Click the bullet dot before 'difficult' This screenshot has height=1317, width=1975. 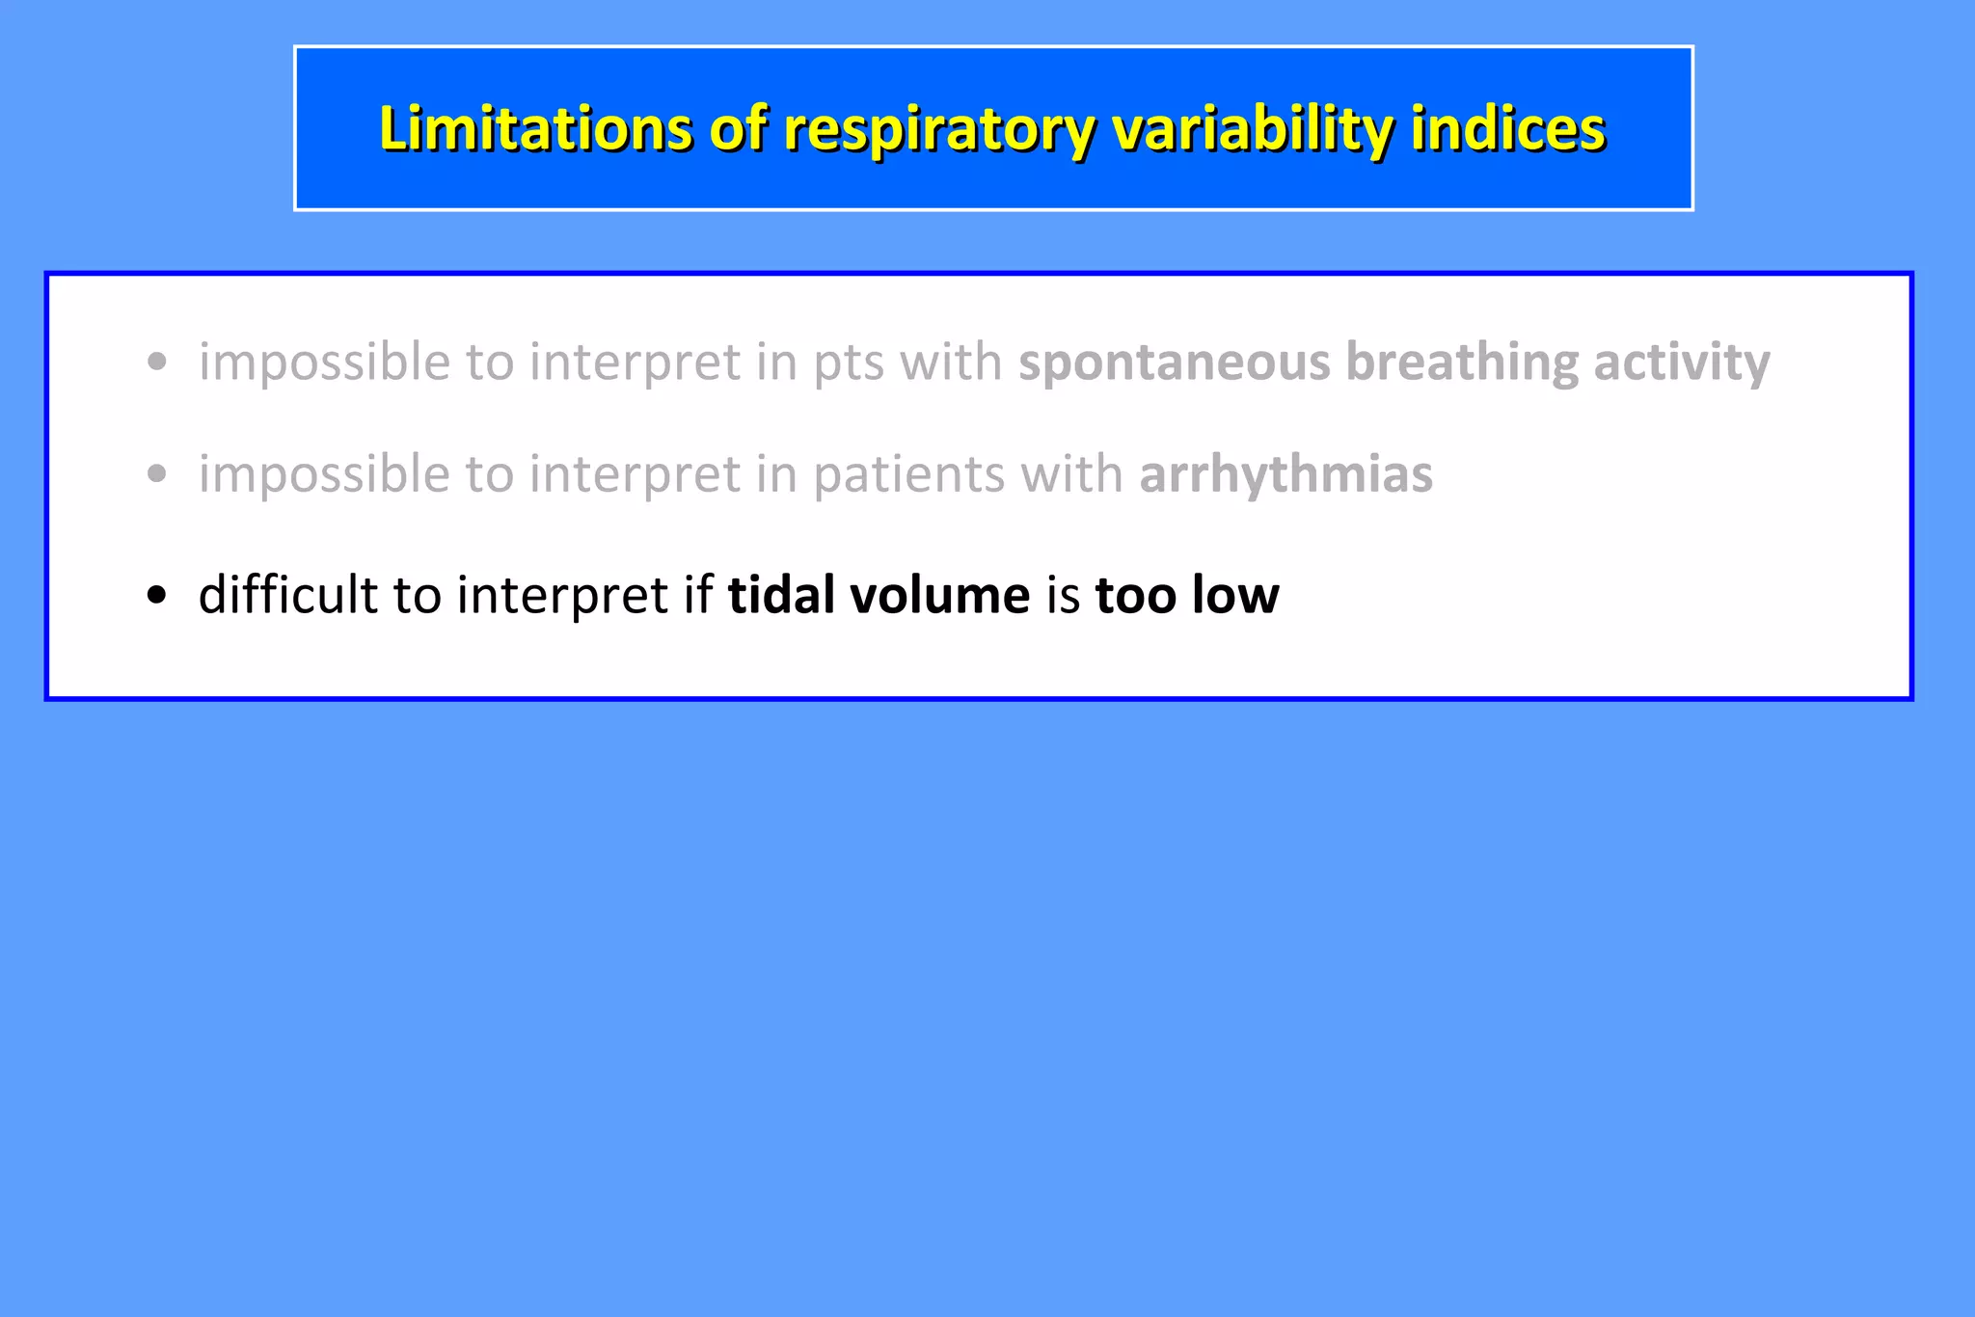click(x=157, y=595)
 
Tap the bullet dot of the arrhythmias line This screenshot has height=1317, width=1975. click(x=157, y=474)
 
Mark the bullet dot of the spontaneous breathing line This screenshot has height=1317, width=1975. click(x=157, y=363)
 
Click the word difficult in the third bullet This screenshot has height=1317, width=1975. click(x=287, y=595)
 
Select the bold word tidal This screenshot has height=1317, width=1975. click(x=781, y=595)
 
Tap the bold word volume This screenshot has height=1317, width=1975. click(x=940, y=595)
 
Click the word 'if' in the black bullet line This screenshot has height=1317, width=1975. click(x=698, y=595)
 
